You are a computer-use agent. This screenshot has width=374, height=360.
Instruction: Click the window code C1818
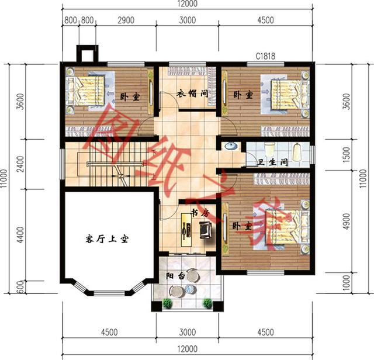pyautogui.click(x=265, y=57)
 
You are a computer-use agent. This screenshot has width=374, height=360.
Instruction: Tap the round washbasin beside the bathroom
pyautogui.click(x=230, y=147)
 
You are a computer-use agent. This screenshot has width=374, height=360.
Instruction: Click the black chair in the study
pyautogui.click(x=205, y=231)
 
